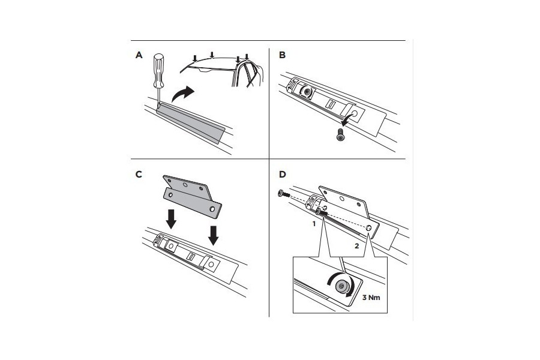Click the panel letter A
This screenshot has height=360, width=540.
click(139, 55)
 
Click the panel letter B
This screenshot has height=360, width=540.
click(283, 55)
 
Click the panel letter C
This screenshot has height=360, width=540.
click(139, 175)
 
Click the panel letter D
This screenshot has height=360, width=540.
click(283, 175)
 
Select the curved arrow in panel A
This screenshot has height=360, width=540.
click(182, 93)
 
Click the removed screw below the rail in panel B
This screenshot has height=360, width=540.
click(340, 134)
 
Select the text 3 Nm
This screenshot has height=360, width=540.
click(371, 298)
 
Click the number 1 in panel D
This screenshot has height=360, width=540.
click(314, 224)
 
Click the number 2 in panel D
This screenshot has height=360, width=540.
click(357, 246)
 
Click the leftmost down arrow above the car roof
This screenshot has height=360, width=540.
click(195, 58)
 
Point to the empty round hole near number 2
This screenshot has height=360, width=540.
click(369, 228)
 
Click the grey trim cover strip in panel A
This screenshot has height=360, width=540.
click(190, 122)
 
